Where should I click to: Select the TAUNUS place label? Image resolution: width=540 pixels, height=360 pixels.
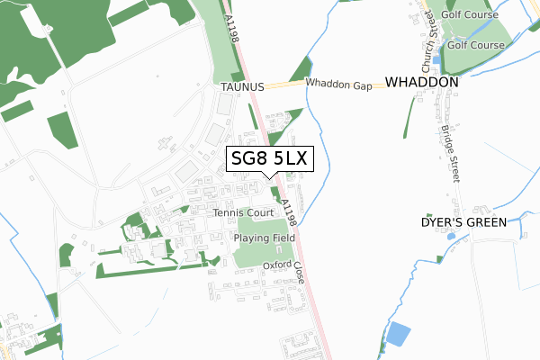[241, 87]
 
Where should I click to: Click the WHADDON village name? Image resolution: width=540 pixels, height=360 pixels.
[422, 82]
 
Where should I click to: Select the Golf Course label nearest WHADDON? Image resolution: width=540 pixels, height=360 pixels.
[476, 44]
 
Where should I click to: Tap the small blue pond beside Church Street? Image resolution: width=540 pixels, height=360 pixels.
[436, 59]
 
